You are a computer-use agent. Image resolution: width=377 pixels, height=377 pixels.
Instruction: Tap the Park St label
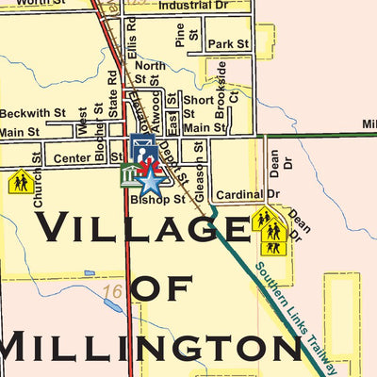pyautogui.click(x=228, y=44)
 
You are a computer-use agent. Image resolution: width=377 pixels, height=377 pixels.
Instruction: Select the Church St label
pyautogui.click(x=38, y=180)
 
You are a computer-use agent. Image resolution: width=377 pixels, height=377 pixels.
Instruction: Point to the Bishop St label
pyautogui.click(x=157, y=200)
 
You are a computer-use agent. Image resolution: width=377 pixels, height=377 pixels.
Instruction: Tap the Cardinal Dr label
pyautogui.click(x=248, y=195)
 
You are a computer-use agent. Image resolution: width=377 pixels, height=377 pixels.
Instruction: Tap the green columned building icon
pyautogui.click(x=130, y=174)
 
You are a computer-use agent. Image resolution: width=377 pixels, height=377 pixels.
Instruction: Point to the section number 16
pyautogui.click(x=114, y=290)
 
